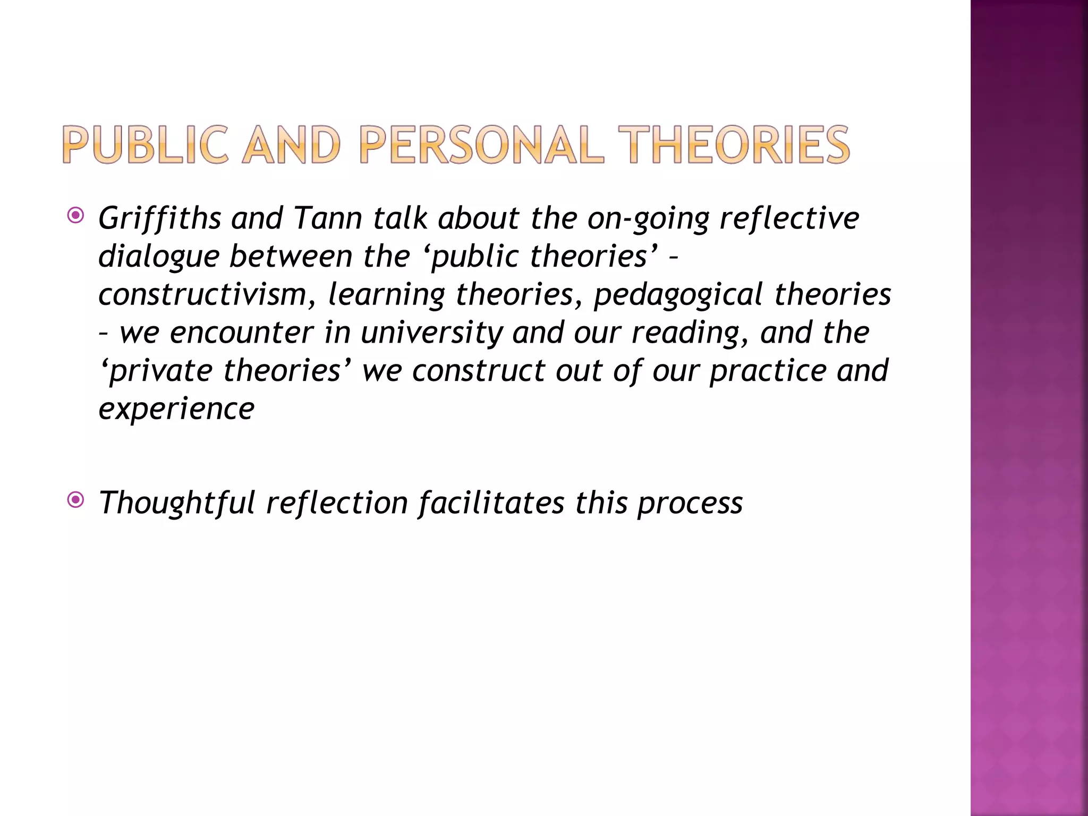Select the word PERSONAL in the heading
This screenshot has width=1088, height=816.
482,144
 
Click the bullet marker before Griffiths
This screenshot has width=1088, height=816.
76,216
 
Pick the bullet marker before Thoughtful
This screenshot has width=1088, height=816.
76,500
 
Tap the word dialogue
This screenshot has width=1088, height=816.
159,257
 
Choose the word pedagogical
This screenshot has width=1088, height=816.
678,294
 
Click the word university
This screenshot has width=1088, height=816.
432,333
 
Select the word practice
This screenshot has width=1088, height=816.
768,371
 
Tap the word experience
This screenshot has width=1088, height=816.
177,409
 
